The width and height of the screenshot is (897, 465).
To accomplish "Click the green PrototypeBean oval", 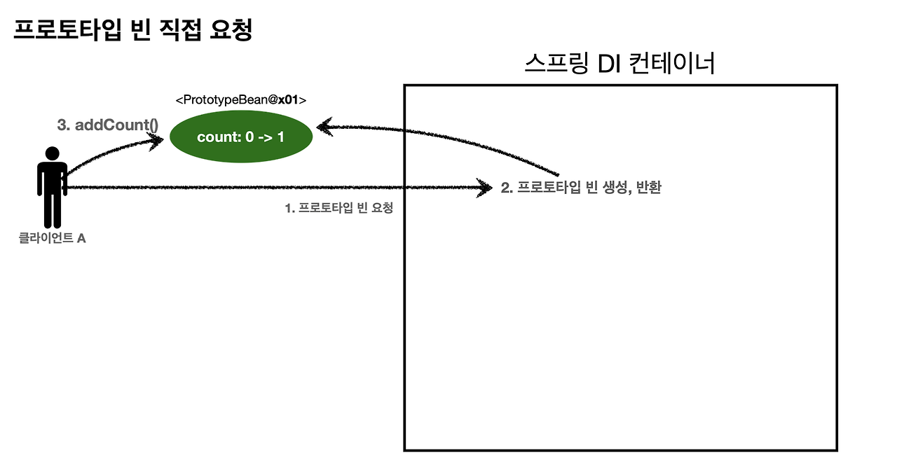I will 241,137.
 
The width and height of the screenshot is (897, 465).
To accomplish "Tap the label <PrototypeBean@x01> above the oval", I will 241,99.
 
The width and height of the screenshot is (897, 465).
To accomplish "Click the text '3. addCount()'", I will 107,125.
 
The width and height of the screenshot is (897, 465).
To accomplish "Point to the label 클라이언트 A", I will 53,238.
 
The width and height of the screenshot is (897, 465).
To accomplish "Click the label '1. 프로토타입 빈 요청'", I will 338,207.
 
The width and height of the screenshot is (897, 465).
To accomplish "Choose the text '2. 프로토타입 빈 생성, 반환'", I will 581,188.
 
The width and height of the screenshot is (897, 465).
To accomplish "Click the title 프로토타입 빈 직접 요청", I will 132,30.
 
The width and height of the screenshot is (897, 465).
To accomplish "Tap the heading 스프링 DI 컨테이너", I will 619,64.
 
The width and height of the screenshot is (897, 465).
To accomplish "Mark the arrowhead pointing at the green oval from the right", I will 324,127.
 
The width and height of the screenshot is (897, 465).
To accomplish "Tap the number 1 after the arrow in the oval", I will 280,137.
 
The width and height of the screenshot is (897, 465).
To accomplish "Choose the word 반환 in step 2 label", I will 650,188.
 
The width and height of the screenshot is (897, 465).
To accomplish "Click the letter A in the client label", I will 81,238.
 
